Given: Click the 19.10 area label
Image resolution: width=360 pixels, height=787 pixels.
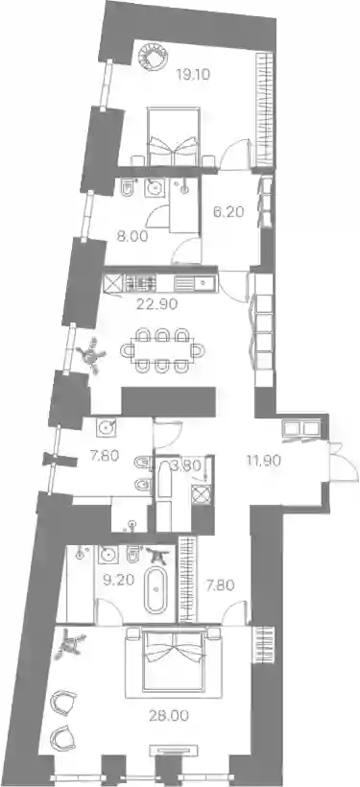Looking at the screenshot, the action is [x=193, y=75].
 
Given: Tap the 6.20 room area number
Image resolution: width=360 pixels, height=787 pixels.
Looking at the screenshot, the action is [x=228, y=212].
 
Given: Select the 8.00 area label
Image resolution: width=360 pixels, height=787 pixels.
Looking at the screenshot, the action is [x=132, y=236].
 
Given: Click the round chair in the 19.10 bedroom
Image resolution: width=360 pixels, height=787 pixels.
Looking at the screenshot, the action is [x=154, y=56].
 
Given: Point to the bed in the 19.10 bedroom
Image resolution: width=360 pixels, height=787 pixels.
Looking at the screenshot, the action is [x=173, y=135].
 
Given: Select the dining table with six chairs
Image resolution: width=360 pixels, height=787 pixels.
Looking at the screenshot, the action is [x=162, y=350].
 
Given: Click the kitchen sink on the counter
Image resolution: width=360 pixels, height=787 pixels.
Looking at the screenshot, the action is [x=195, y=283].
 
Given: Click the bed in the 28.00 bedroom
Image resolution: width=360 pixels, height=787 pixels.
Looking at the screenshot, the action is [x=174, y=661].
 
